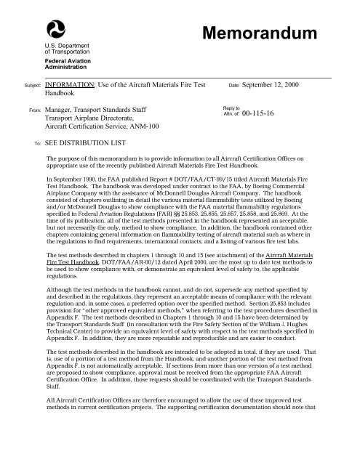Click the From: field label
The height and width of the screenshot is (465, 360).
coord(33,110)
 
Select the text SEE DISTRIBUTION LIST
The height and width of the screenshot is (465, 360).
coord(84,145)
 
